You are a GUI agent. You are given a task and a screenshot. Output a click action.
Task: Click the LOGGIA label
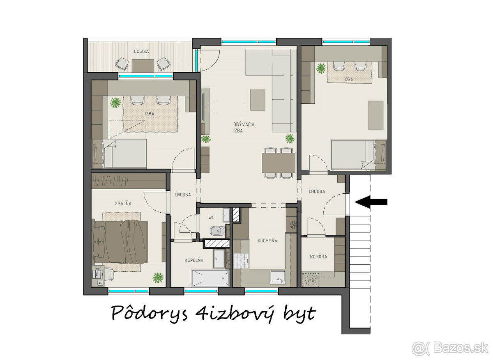141,51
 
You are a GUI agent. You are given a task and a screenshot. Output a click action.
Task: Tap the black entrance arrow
371,202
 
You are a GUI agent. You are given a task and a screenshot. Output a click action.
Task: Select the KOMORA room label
318,257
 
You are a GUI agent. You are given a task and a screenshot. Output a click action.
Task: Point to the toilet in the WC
217,231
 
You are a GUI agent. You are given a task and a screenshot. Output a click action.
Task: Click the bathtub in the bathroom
210,278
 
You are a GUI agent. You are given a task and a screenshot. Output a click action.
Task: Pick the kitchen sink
278,277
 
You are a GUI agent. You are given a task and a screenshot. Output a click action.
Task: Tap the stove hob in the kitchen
241,261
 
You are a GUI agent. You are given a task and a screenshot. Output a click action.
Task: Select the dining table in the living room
279,163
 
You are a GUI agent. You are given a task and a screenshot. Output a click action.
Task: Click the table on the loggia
143,66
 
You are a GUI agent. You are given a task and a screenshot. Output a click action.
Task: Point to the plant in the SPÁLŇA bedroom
158,277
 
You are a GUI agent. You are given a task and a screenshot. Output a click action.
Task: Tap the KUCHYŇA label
267,241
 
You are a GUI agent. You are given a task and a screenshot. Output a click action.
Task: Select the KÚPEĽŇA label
194,260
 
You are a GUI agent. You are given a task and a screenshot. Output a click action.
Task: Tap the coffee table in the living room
258,100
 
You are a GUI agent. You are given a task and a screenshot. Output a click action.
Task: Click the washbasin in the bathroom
219,259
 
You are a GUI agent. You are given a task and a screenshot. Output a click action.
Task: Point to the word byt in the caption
299,313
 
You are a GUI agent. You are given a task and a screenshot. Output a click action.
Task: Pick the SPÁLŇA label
123,204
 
